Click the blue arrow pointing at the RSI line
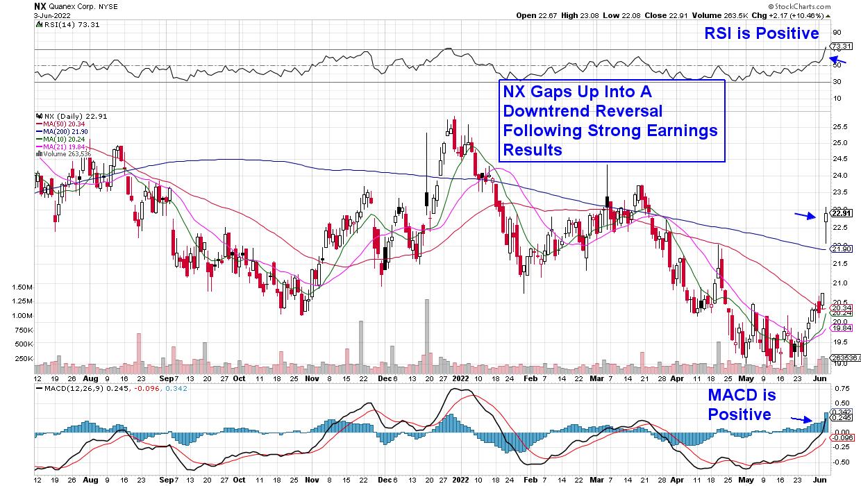[838, 60]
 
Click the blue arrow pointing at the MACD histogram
[802, 419]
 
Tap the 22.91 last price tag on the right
[842, 213]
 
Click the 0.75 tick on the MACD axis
[840, 388]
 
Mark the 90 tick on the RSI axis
[837, 32]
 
